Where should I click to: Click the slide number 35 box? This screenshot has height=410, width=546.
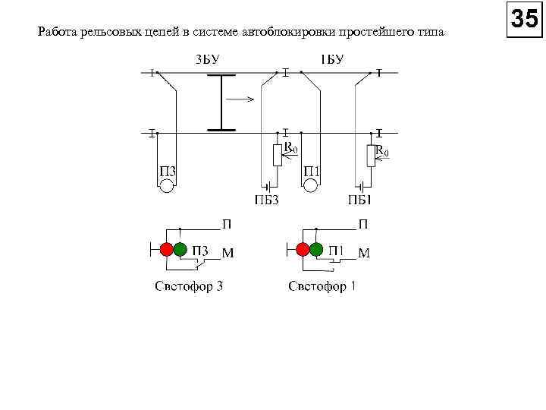(524, 19)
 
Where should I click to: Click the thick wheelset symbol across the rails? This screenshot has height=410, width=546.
(221, 102)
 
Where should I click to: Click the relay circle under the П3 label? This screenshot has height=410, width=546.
(167, 186)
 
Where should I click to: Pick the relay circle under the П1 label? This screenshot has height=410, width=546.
(312, 186)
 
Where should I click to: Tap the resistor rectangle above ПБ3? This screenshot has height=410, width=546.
(278, 155)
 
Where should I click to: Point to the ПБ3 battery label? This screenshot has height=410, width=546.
(266, 200)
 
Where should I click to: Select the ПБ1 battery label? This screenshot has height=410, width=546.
(359, 200)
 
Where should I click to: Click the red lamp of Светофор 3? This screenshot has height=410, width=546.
(167, 249)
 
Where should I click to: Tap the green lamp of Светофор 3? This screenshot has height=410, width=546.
(180, 249)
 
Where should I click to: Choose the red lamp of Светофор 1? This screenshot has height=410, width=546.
(303, 249)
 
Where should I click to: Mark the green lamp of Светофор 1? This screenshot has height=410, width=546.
(316, 249)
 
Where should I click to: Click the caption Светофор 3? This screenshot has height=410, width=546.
(189, 286)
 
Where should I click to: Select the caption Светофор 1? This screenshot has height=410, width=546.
(322, 286)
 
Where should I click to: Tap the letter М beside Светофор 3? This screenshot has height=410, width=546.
(227, 254)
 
